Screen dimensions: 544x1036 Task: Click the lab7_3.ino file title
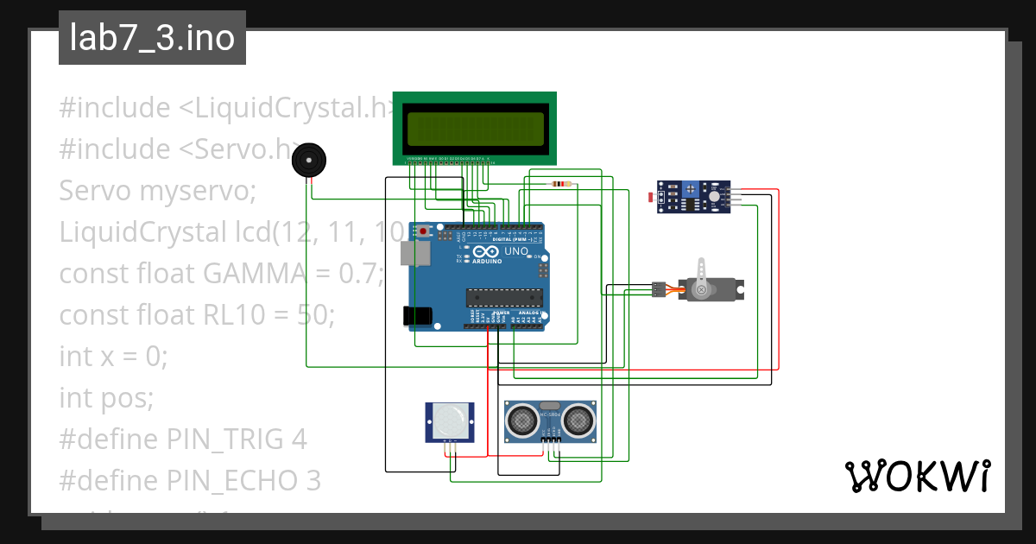[152, 39]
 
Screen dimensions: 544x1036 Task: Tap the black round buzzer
[309, 161]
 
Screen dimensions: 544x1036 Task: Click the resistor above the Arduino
[561, 183]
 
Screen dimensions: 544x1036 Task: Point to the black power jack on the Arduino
[420, 316]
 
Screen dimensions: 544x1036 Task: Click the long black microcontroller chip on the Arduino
[505, 298]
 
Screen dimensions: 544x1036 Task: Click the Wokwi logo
[916, 476]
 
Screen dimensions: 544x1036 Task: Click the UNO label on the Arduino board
[515, 251]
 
